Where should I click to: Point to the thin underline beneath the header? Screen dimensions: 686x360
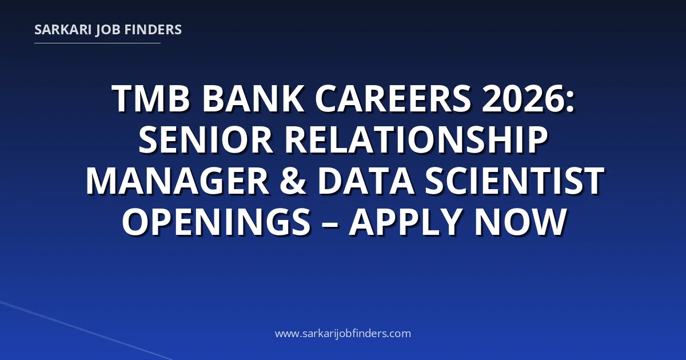click(97, 43)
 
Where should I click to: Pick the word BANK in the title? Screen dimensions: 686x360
click(253, 98)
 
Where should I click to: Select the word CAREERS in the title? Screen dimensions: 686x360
click(393, 98)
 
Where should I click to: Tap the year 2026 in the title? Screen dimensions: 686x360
click(523, 98)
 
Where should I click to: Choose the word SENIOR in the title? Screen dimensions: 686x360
click(205, 140)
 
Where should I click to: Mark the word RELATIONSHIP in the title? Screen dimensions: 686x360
click(416, 140)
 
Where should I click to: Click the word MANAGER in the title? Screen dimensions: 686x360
click(178, 181)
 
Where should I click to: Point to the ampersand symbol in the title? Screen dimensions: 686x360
click(293, 181)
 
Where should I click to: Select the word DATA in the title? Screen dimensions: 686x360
click(366, 181)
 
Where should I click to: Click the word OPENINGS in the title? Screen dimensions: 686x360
click(216, 222)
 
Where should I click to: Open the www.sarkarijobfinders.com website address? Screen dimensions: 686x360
click(343, 333)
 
